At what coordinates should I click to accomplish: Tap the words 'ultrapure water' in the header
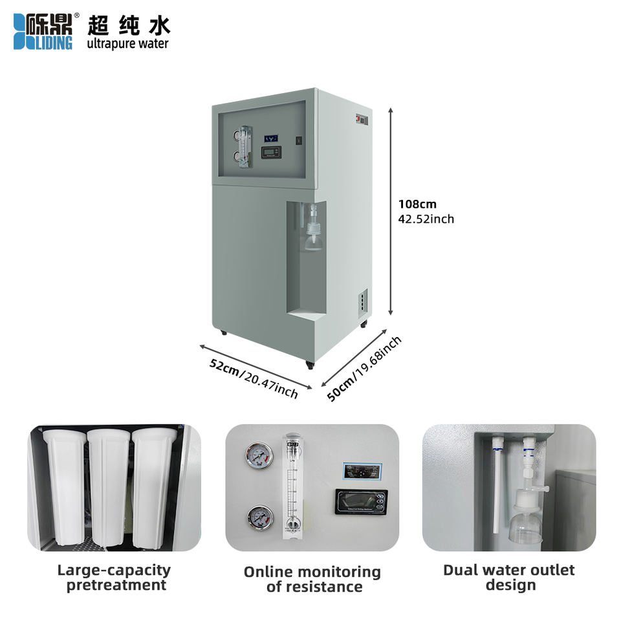(x=127, y=44)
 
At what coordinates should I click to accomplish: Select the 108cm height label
(x=417, y=204)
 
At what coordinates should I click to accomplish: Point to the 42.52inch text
(x=426, y=219)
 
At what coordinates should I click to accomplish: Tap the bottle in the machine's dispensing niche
(x=314, y=230)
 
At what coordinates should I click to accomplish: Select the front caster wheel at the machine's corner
(x=310, y=365)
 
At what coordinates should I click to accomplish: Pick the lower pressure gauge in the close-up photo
(x=259, y=517)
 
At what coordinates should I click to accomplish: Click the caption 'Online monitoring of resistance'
(x=312, y=579)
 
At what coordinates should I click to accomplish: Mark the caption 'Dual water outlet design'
(x=509, y=577)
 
